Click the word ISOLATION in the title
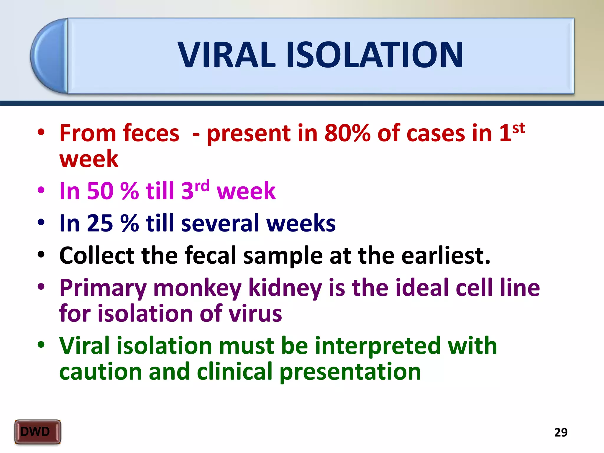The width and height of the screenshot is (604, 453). [375, 55]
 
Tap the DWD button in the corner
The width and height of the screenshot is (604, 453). [37, 432]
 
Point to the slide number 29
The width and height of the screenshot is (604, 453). [561, 432]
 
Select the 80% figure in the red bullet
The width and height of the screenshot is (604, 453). [347, 133]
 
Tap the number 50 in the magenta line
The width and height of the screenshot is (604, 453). [100, 191]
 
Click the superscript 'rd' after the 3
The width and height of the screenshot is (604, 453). [202, 186]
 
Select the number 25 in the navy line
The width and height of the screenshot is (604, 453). [100, 223]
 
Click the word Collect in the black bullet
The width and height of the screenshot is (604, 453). [97, 255]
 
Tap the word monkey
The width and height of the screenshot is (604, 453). [197, 288]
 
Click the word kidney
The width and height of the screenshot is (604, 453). [285, 288]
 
